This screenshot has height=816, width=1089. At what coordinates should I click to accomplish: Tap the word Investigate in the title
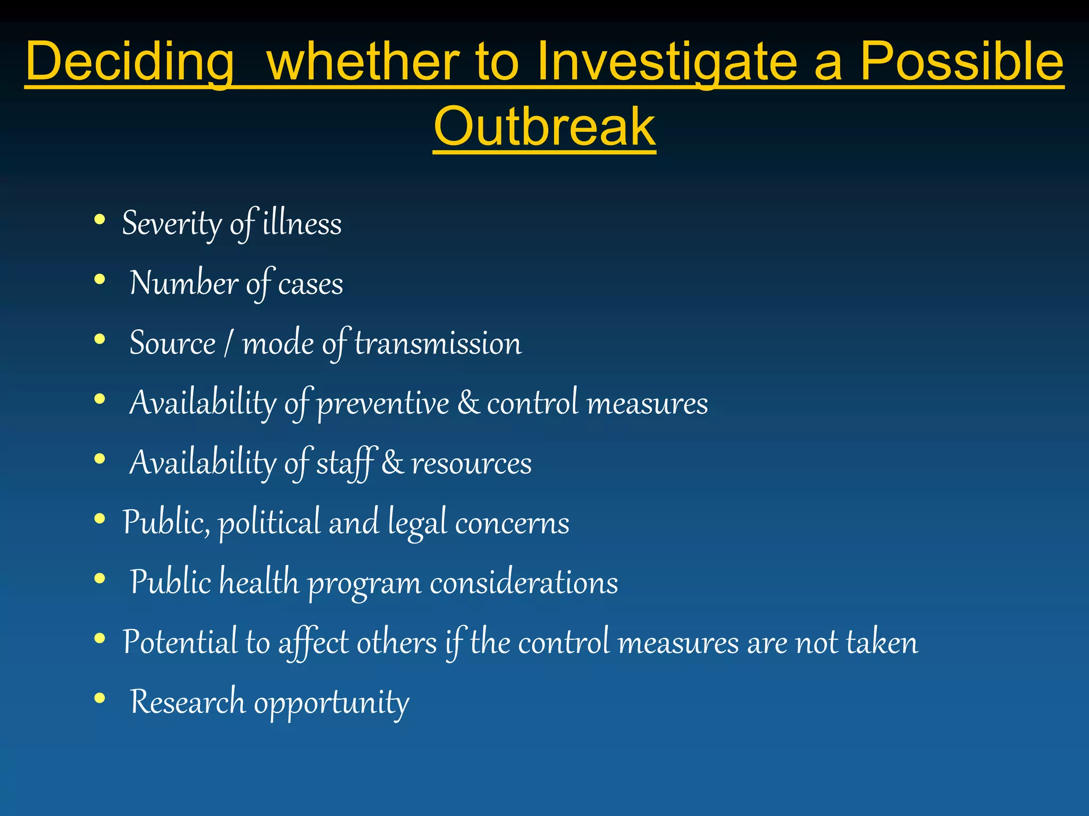[x=667, y=63]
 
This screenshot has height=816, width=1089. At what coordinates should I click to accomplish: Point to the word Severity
[x=171, y=224]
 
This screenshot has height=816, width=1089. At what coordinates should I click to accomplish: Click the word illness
[x=302, y=224]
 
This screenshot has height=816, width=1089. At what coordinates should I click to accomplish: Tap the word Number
[x=183, y=283]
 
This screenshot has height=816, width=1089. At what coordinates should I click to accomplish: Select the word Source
[x=173, y=343]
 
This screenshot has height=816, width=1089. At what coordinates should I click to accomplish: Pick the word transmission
[x=438, y=343]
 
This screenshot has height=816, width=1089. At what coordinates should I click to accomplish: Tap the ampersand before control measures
[x=468, y=403]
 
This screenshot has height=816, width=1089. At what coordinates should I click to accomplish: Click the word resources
[x=472, y=463]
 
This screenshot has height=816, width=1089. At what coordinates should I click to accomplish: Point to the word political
[x=270, y=523]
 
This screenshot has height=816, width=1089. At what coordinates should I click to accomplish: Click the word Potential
[x=180, y=642]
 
